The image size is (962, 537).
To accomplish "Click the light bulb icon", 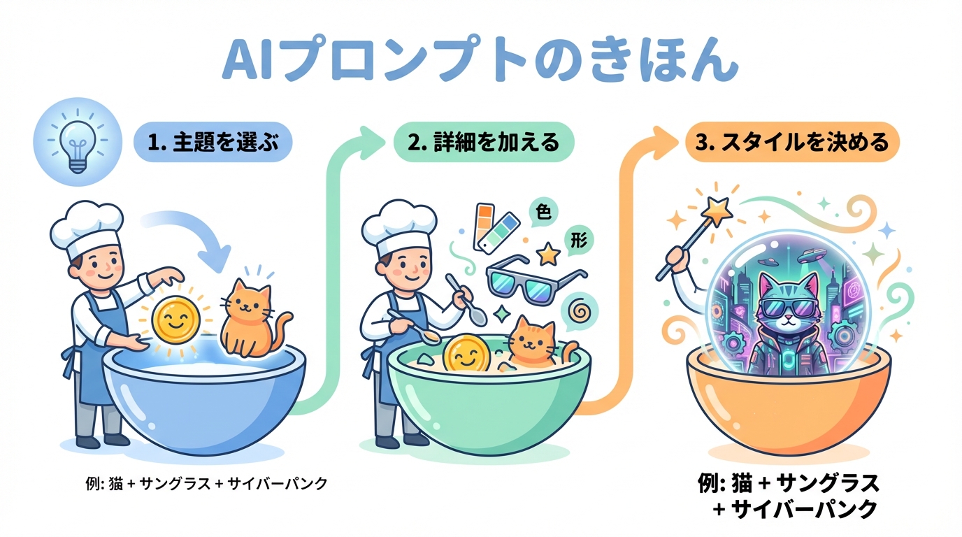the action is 78,141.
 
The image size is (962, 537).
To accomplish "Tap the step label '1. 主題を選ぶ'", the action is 213,142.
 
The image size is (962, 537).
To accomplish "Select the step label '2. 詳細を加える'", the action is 484,142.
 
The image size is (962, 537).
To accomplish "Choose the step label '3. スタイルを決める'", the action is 791,142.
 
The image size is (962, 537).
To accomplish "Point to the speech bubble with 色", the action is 543,212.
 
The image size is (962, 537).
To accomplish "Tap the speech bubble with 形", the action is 578,241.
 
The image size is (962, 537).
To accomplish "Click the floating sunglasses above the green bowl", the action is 536,279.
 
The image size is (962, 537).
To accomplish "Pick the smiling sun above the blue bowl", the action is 176,322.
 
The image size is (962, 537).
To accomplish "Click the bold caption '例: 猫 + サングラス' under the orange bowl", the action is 789,483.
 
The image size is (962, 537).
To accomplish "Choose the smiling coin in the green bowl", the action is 466,353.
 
